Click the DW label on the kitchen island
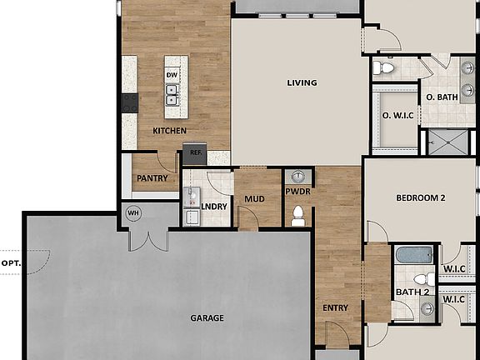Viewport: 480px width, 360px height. pyautogui.click(x=172, y=75)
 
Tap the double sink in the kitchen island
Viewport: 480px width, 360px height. pyautogui.click(x=172, y=93)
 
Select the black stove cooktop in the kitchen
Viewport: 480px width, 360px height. pyautogui.click(x=129, y=102)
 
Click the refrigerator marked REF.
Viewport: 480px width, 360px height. pyautogui.click(x=196, y=152)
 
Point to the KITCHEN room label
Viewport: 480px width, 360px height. pyautogui.click(x=169, y=132)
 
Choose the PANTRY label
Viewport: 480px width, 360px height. pyautogui.click(x=152, y=178)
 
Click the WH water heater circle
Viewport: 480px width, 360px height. pyautogui.click(x=132, y=213)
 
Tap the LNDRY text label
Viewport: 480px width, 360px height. pyautogui.click(x=215, y=206)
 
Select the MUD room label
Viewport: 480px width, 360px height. pyautogui.click(x=254, y=199)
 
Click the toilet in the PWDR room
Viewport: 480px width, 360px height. pyautogui.click(x=297, y=214)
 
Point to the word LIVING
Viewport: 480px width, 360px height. pyautogui.click(x=301, y=82)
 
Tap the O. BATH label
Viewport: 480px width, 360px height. pyautogui.click(x=442, y=97)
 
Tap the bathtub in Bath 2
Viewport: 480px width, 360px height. pyautogui.click(x=413, y=255)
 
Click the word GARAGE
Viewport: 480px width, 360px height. pyautogui.click(x=206, y=318)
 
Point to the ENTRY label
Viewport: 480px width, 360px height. pyautogui.click(x=335, y=308)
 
